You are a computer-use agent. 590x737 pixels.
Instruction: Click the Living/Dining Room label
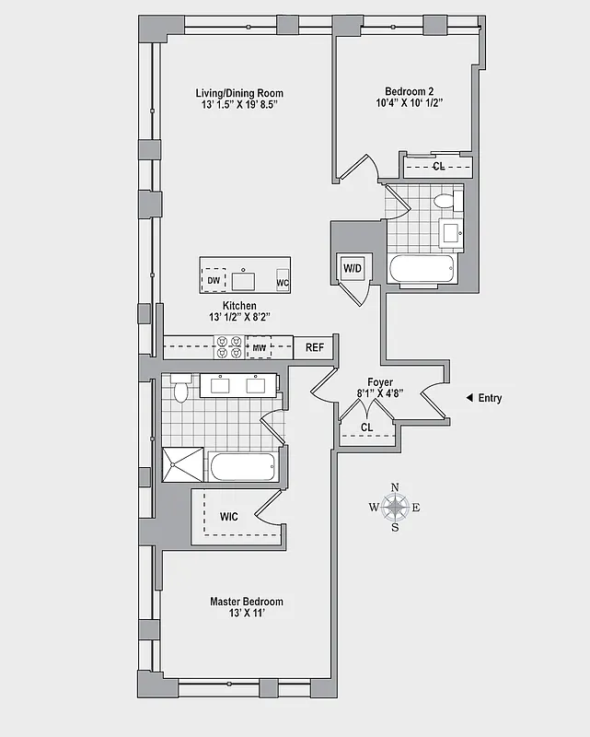point(239,93)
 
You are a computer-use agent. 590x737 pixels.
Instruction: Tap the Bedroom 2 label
point(410,91)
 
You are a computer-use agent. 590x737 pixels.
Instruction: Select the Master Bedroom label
point(246,602)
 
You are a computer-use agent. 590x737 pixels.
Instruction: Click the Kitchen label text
point(239,306)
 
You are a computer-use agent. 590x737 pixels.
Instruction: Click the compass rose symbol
point(396,507)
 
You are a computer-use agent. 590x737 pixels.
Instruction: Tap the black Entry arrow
point(469,398)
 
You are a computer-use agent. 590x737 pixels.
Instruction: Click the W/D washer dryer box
point(353,268)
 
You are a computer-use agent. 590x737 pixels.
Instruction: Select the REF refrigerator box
point(315,348)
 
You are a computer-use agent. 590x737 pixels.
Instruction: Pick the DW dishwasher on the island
point(214,279)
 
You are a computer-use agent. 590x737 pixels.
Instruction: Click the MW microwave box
point(260,348)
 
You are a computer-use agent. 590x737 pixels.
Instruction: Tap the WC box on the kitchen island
point(283,282)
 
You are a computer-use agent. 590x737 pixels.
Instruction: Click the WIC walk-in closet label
point(229,517)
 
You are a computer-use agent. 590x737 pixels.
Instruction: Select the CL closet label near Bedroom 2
point(439,167)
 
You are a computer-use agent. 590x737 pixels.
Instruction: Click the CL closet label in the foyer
point(367,427)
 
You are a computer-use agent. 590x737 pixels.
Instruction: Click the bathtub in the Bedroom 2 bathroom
point(421,271)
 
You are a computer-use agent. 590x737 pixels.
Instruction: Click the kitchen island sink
point(245,279)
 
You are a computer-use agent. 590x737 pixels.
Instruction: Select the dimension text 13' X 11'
point(246,614)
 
